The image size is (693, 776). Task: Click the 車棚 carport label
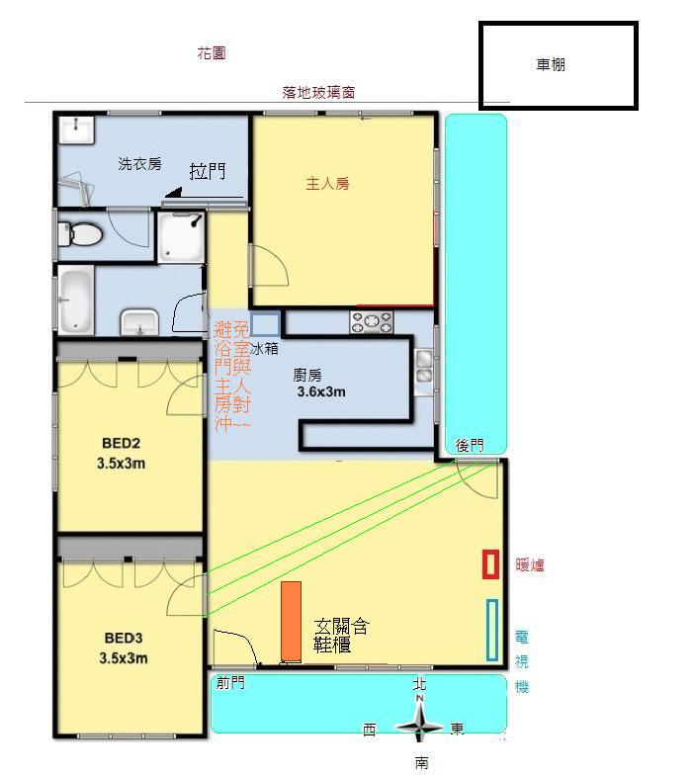click(x=551, y=65)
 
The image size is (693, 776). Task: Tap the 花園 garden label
click(x=212, y=53)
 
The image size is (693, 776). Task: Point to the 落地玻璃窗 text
click(x=318, y=93)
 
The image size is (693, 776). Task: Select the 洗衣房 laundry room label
click(x=139, y=164)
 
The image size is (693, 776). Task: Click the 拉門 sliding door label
click(x=208, y=171)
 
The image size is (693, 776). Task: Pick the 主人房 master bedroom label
click(x=327, y=184)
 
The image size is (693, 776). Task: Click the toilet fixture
click(x=80, y=234)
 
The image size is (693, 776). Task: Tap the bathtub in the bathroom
click(x=76, y=300)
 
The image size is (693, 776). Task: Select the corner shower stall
click(x=181, y=237)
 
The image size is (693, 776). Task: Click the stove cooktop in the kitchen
click(x=372, y=322)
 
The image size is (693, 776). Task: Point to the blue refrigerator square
click(x=265, y=324)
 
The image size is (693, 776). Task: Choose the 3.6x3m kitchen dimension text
click(x=321, y=392)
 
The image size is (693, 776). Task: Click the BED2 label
click(x=121, y=443)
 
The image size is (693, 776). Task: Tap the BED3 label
click(x=124, y=638)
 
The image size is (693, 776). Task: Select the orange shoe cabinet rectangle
click(x=291, y=621)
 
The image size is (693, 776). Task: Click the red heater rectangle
click(x=490, y=564)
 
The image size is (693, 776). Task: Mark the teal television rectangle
click(x=492, y=630)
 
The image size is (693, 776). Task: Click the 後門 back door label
click(x=470, y=446)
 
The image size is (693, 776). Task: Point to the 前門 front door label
click(x=230, y=683)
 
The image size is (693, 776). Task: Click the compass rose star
click(x=420, y=727)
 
